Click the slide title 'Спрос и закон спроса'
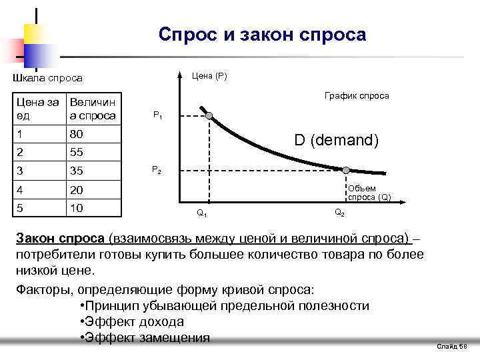point(263,34)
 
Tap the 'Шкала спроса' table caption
point(48,78)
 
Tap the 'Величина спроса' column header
point(93,109)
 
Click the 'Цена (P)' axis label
point(209,75)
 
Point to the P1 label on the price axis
point(157,115)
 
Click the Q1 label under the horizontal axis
point(201,214)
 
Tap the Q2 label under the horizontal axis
point(339,213)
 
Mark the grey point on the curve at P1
point(209,116)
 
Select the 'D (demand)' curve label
point(337,141)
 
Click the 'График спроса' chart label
point(356,96)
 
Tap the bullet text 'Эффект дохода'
point(131,322)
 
